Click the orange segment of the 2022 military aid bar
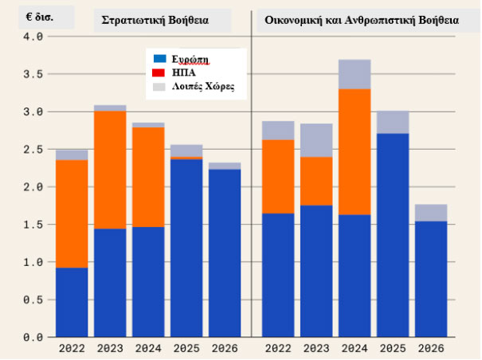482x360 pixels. tap(72, 214)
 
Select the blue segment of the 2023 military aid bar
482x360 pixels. tap(110, 283)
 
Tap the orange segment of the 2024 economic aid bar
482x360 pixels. tap(355, 152)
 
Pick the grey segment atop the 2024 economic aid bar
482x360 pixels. tap(355, 74)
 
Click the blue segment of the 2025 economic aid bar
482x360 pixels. tap(393, 235)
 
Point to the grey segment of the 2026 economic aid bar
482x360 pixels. tap(431, 213)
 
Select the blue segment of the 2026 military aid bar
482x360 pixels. tap(225, 253)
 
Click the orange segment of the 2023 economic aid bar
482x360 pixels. tap(316, 181)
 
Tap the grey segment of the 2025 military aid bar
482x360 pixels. tap(186, 151)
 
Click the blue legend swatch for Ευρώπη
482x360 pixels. tap(159, 58)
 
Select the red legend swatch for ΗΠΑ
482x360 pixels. tap(159, 72)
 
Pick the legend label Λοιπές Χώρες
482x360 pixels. tap(203, 87)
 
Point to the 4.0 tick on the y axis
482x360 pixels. tap(33, 37)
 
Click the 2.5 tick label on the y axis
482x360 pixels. tap(33, 150)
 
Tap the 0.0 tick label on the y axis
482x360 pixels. tap(33, 337)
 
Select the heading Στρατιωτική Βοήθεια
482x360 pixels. tap(155, 21)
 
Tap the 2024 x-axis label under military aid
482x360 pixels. tap(148, 349)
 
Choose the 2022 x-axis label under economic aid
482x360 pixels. tap(278, 349)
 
